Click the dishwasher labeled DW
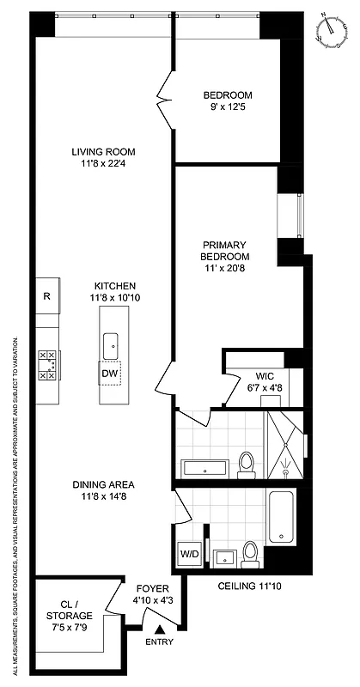tap(110, 374)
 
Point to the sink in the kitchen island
tap(110, 346)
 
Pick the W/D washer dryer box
tap(189, 554)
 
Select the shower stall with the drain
tap(284, 444)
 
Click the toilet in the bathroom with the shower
tap(246, 465)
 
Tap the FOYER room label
tap(153, 588)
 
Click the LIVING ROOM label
tap(103, 152)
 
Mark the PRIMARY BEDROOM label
tap(225, 250)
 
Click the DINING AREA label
tap(103, 483)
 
